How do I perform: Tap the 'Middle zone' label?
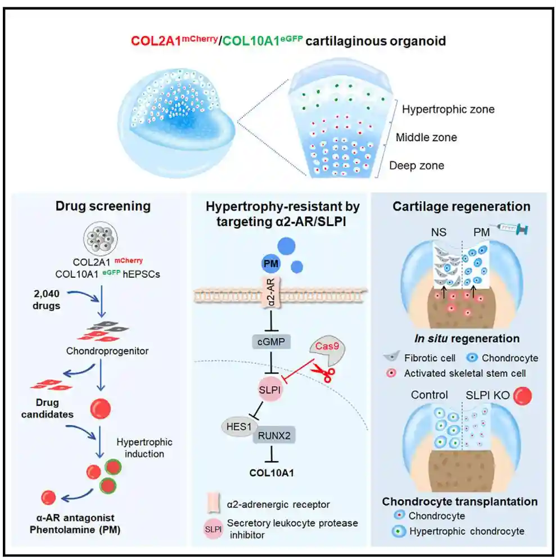coord(426,137)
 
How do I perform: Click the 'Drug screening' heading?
coord(103,206)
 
